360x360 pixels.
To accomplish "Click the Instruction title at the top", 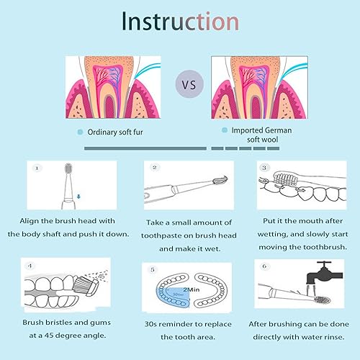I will point(179,21).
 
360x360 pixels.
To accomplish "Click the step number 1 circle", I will point(39,168).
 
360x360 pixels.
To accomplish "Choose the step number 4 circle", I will point(30,266).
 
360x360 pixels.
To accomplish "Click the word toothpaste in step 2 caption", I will point(163,235).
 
